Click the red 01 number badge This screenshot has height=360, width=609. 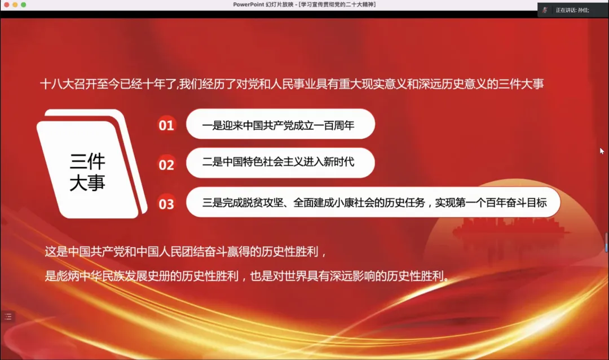166,125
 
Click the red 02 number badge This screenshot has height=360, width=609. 166,164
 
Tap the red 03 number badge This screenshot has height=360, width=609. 166,204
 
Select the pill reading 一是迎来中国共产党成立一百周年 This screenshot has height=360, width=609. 280,124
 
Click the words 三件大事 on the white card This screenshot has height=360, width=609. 87,172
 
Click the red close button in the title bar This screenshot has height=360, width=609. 7,5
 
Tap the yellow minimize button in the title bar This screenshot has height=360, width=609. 15,5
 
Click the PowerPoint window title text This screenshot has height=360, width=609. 304,5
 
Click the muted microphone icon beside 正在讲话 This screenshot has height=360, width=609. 545,10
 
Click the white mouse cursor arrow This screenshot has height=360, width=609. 602,151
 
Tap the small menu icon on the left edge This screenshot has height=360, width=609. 8,317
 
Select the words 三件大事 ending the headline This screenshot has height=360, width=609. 521,84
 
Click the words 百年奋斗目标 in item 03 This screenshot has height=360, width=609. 517,203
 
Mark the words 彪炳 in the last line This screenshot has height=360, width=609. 68,276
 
